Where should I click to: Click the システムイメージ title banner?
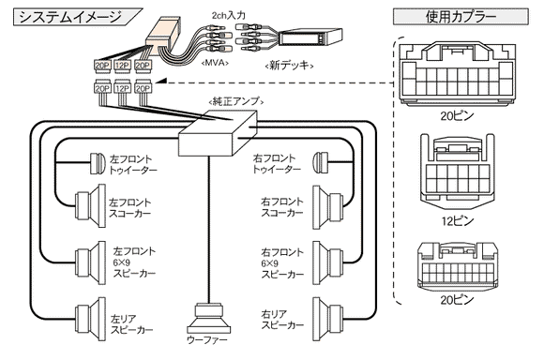point(77,17)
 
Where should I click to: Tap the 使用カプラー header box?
point(461,16)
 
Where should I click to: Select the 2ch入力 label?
point(229,15)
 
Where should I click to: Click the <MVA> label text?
point(216,63)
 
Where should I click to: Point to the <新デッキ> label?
point(289,65)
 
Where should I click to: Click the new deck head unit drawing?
point(310,37)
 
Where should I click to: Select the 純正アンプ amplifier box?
point(218,133)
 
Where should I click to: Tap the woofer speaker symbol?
point(209,319)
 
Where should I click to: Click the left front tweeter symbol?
point(98,163)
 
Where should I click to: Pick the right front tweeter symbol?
point(320,162)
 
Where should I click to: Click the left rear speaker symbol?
point(91,319)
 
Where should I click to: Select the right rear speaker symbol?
point(328,319)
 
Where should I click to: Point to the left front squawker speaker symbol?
point(91,205)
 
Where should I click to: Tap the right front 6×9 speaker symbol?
point(328,262)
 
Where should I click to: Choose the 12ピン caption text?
point(458,220)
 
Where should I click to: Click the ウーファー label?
point(207,340)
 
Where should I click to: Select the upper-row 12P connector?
point(122,66)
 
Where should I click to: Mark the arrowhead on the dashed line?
point(162,82)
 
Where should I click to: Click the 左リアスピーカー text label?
point(132,324)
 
